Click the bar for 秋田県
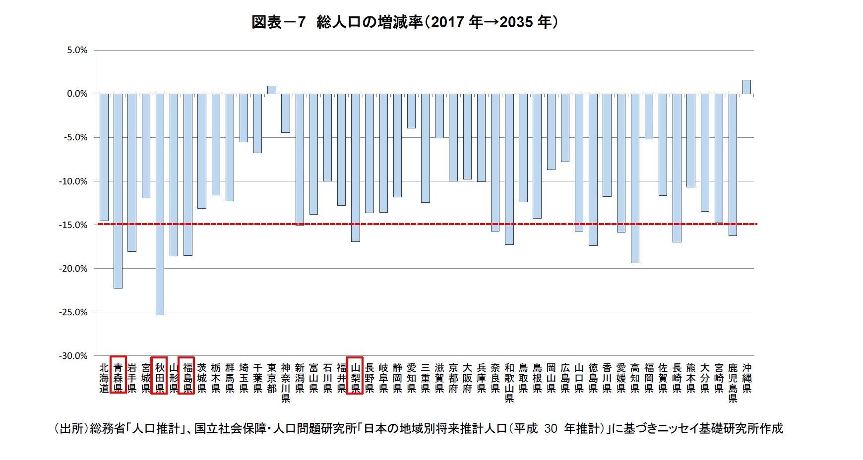[160, 204]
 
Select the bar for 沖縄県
[746, 87]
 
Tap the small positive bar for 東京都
[272, 90]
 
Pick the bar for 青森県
[118, 191]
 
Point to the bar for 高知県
[635, 178]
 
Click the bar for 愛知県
[411, 111]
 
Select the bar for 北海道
[104, 157]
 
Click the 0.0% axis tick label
[77, 94]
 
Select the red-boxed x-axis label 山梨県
[355, 375]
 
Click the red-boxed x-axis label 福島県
[187, 375]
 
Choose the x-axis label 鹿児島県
[733, 383]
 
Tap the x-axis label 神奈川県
[286, 383]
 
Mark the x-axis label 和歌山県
[509, 383]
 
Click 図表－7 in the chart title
[278, 22]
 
